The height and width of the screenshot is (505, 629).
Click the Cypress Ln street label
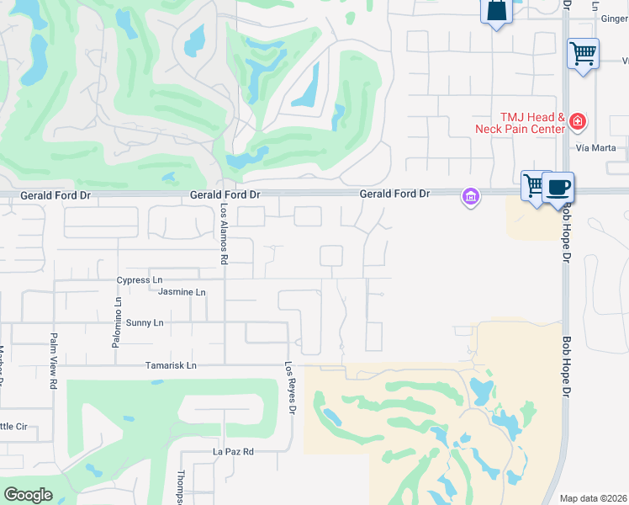(140, 279)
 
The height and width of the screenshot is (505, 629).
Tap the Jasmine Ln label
(182, 292)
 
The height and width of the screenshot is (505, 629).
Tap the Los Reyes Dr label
(292, 387)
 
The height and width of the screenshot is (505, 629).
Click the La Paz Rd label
(233, 451)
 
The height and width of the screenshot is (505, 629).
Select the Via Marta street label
(596, 148)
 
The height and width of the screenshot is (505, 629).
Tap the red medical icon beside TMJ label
(577, 122)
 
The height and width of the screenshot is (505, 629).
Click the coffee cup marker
(557, 187)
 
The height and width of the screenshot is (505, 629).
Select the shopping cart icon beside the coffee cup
(534, 184)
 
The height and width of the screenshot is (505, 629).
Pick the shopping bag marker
(496, 11)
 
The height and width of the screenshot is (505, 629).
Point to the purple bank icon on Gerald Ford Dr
(470, 198)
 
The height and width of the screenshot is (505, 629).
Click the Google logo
(28, 495)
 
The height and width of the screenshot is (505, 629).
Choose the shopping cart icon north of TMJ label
(583, 54)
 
